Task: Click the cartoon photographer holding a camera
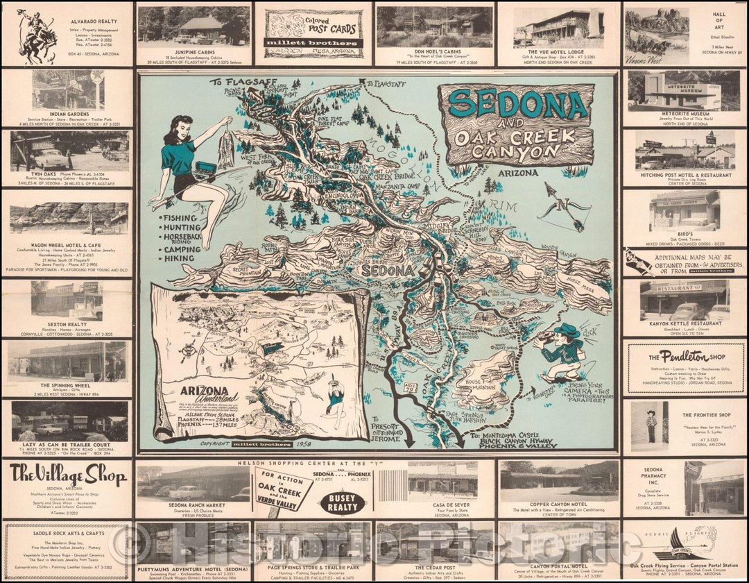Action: click(x=563, y=350)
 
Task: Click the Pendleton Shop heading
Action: click(x=685, y=356)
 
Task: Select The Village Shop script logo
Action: click(x=68, y=475)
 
